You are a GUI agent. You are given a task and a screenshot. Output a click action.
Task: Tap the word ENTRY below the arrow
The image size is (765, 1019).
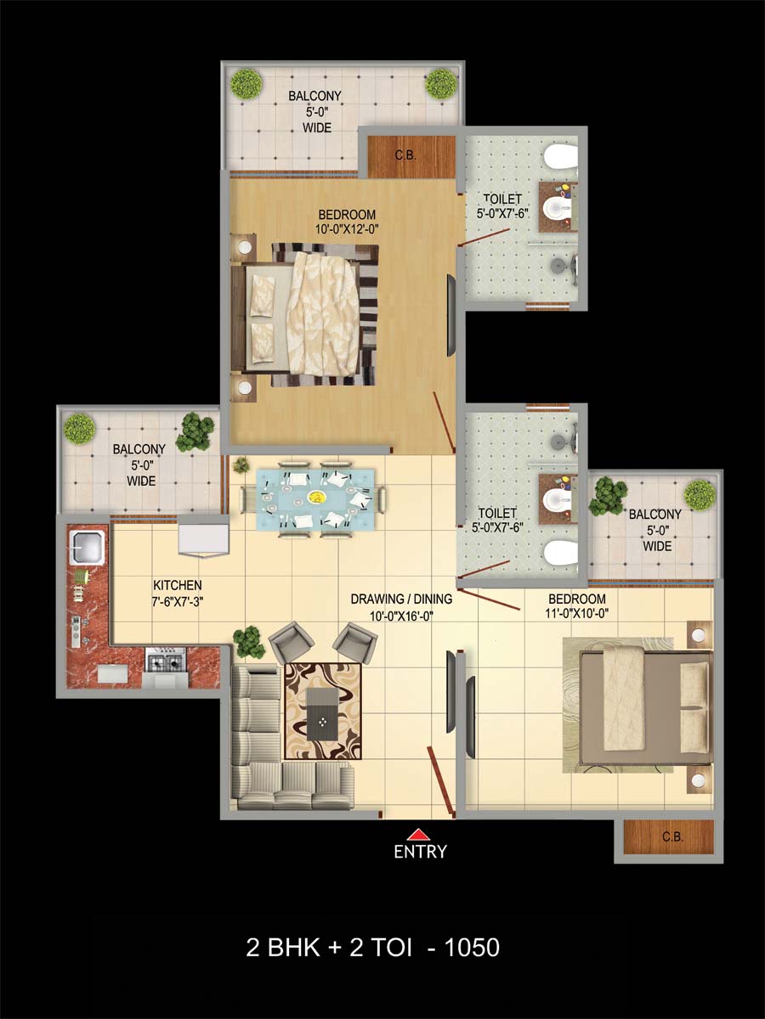[420, 852]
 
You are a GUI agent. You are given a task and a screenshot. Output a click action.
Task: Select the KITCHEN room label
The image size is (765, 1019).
[178, 585]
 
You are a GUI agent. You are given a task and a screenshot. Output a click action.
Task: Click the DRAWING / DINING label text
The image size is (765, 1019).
[401, 599]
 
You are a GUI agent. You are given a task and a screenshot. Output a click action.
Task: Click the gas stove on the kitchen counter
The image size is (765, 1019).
[166, 660]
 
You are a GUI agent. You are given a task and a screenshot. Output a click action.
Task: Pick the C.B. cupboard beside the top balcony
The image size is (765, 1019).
[411, 156]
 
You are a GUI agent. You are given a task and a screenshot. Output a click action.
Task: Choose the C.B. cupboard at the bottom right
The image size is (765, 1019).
[668, 837]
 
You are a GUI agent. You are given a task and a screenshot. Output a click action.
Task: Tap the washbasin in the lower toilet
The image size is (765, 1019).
[558, 499]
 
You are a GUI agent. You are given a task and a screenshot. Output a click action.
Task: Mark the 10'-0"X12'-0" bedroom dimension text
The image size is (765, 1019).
[348, 229]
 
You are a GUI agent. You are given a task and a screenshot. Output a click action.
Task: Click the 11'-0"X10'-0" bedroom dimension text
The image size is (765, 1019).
[577, 613]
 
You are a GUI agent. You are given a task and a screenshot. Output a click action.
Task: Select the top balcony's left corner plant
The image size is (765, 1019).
[246, 84]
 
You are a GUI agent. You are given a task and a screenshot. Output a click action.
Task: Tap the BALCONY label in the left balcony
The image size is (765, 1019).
[139, 449]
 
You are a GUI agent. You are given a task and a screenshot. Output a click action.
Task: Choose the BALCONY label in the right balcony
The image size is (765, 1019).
[654, 514]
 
